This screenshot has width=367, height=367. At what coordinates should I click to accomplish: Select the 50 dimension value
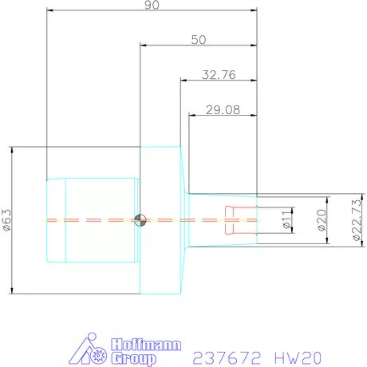click(200, 39)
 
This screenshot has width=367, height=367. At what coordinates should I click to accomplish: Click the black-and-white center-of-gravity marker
click(140, 220)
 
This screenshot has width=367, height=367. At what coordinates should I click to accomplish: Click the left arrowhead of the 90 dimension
click(49, 11)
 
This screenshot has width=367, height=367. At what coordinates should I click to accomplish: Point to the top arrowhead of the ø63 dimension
click(14, 149)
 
